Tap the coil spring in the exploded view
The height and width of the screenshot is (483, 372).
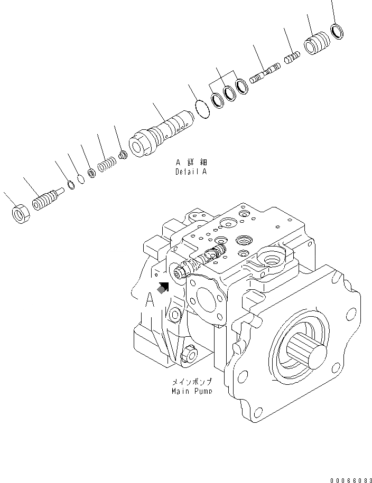pyautogui.click(x=107, y=165)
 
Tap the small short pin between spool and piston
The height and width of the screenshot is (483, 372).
pyautogui.click(x=292, y=57)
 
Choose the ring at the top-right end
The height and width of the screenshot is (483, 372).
pyautogui.click(x=337, y=31)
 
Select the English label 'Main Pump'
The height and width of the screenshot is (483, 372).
pyautogui.click(x=191, y=391)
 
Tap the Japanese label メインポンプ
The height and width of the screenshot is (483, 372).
pyautogui.click(x=191, y=382)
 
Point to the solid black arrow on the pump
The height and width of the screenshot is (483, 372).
pyautogui.click(x=164, y=286)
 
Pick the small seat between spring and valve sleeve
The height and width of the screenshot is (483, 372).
pyautogui.click(x=123, y=155)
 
